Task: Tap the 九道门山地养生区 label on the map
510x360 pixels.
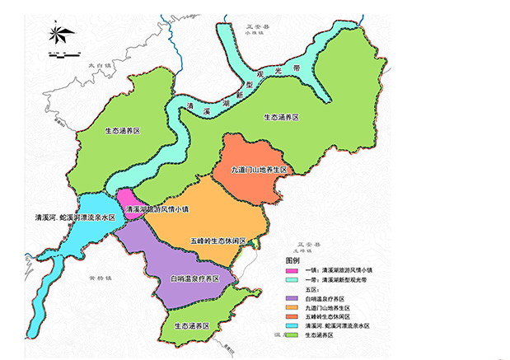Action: (x=260, y=170)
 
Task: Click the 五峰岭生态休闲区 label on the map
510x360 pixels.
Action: (x=218, y=240)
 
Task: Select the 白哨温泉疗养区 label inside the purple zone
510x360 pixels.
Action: (x=194, y=279)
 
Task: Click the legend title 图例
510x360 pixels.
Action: (x=293, y=259)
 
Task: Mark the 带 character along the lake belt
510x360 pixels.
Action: (x=307, y=61)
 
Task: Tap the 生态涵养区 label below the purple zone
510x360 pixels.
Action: (x=195, y=325)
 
